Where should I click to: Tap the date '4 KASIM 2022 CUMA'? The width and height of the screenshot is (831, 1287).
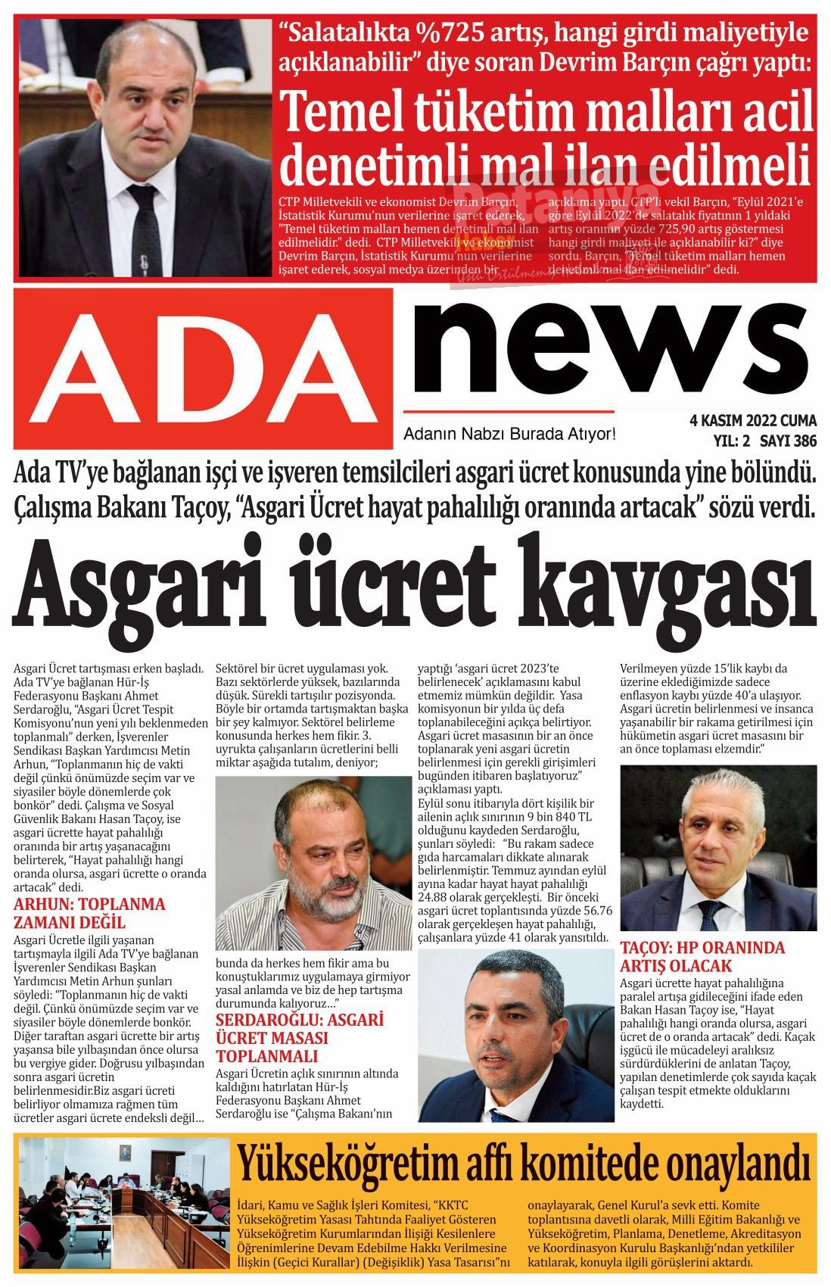(753, 421)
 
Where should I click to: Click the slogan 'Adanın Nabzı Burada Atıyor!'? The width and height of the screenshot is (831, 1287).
(510, 435)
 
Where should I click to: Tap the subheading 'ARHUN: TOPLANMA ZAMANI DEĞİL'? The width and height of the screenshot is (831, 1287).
(89, 913)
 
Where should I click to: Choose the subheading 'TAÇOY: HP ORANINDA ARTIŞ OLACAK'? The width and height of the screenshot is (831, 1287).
(702, 956)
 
